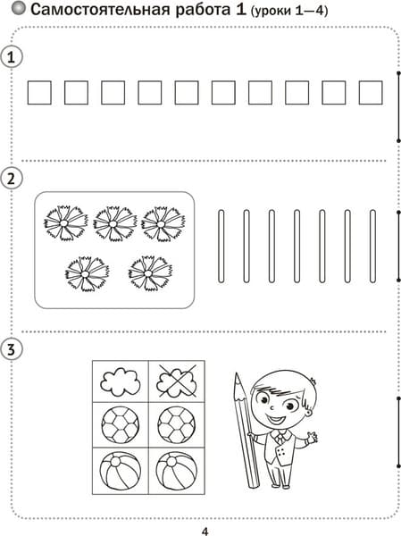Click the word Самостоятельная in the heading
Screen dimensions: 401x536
pos(101,10)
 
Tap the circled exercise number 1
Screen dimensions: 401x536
pos(12,57)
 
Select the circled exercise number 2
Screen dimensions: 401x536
pos(12,179)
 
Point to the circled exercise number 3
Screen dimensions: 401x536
pos(12,349)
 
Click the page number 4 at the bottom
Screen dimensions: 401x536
pos(205,532)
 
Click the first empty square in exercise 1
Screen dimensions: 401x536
pos(39,92)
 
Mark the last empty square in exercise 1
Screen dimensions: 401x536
pos(371,92)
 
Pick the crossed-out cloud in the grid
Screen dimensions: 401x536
pos(177,381)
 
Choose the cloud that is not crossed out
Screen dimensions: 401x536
pos(121,381)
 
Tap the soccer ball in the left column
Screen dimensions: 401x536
pos(121,424)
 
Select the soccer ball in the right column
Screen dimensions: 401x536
pos(177,424)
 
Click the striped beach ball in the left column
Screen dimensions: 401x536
pos(121,471)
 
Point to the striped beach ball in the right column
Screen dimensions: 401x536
pos(177,471)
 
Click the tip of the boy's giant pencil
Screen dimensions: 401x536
pos(236,373)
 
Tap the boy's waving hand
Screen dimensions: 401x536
pos(312,437)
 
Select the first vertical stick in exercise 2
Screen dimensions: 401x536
pos(221,247)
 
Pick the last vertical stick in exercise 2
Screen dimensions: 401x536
pos(372,247)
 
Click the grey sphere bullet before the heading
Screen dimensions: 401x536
pos(18,8)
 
